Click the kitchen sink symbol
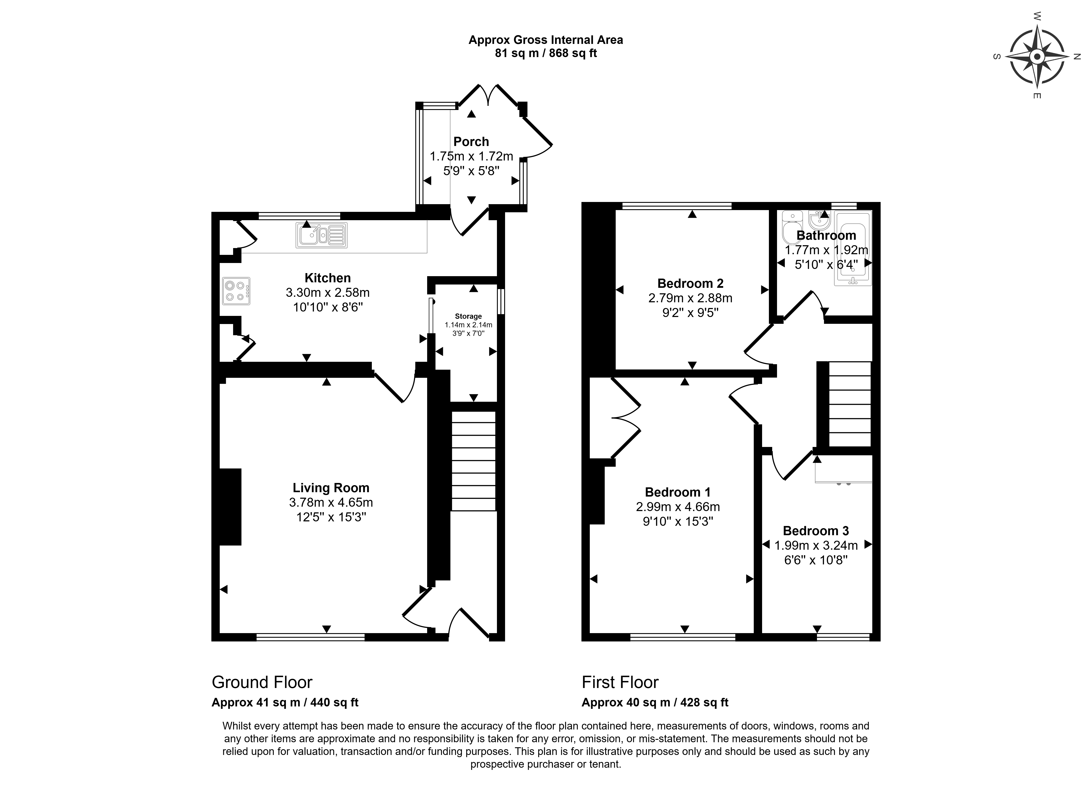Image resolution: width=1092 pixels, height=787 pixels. [x=321, y=236]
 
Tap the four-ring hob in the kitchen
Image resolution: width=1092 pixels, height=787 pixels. [x=236, y=291]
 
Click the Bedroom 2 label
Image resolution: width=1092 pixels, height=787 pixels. [x=691, y=283]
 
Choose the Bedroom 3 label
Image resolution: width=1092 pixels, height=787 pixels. [x=816, y=531]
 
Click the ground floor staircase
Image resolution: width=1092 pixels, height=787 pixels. [x=473, y=461]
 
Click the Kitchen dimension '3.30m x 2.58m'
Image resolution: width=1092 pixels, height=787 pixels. [x=328, y=292]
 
